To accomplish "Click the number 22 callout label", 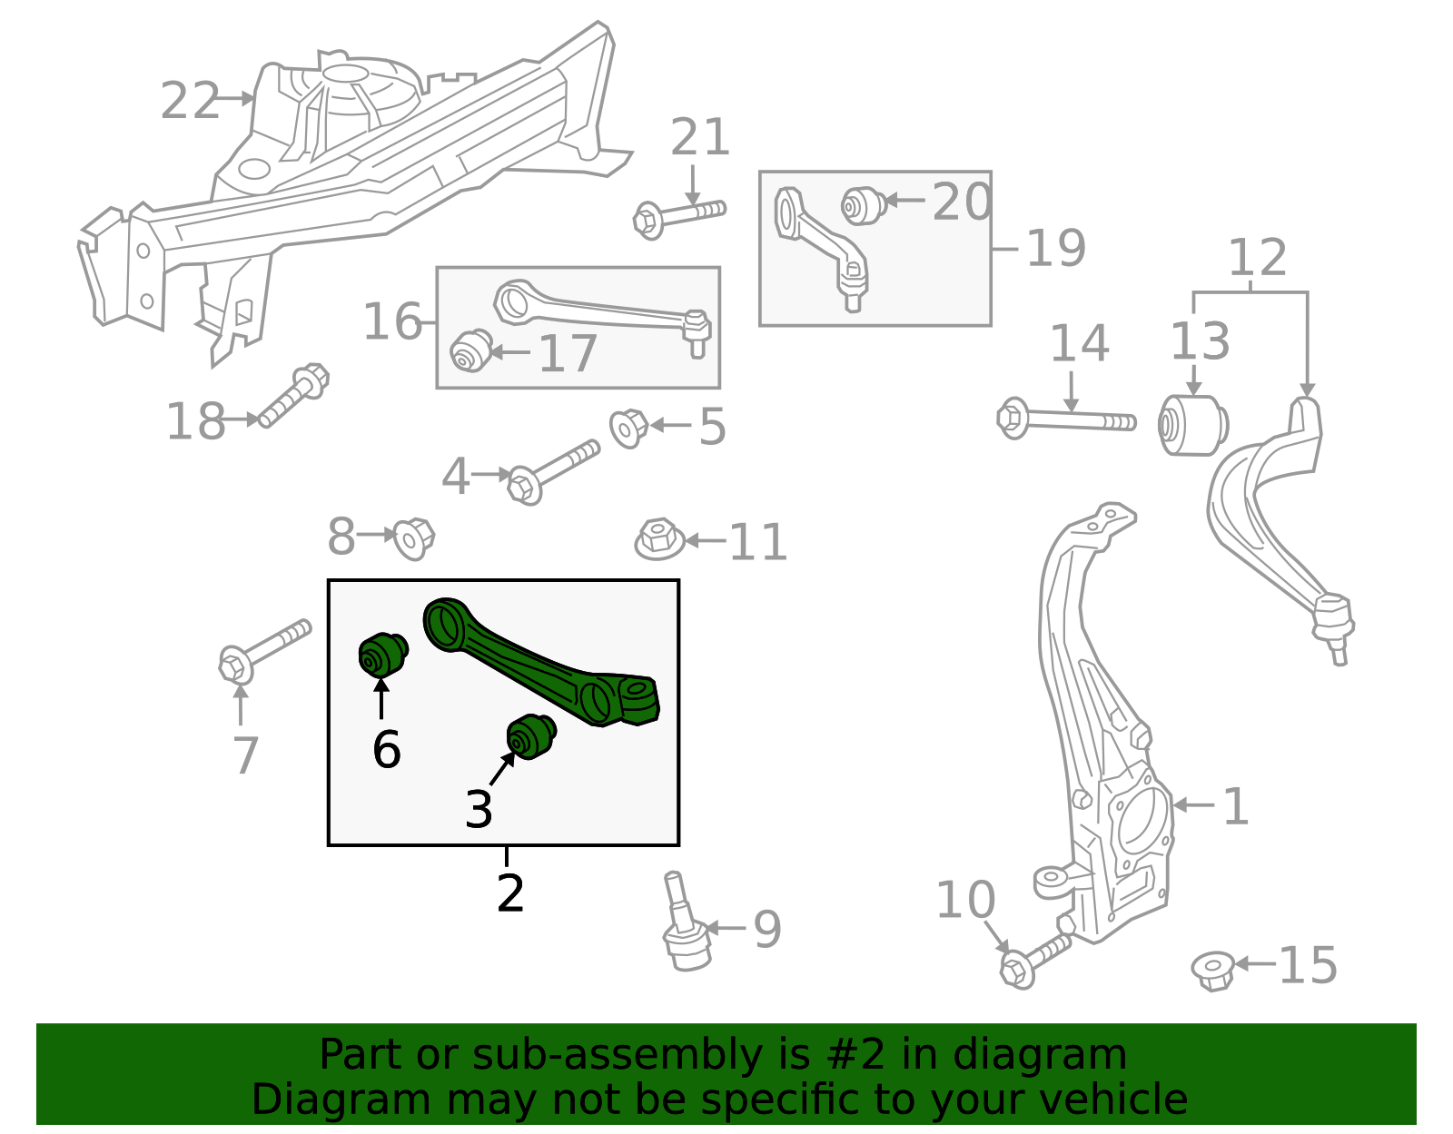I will (190, 101).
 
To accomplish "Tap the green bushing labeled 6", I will (381, 655).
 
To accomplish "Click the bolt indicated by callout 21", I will (679, 216).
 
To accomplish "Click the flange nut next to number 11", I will (659, 538).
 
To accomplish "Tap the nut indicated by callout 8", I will (414, 537).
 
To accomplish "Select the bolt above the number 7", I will (263, 651).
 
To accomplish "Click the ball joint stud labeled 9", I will (683, 927).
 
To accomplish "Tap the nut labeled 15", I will (1213, 970).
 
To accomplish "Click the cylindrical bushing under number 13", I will (1193, 425).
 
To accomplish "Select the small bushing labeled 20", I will (863, 206).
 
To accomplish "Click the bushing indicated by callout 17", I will (471, 351).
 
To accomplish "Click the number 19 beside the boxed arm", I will (1055, 248).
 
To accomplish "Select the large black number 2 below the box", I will (510, 894).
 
